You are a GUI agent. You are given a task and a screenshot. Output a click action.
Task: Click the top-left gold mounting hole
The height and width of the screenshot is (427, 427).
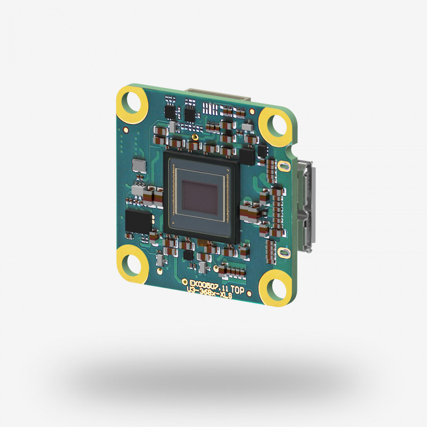click(131, 99)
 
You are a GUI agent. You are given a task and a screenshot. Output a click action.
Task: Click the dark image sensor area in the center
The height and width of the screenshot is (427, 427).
click(200, 195)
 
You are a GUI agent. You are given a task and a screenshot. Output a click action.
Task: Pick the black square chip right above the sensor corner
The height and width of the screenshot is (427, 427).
click(247, 156)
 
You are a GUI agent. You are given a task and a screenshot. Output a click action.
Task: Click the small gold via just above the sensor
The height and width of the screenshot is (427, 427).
click(196, 137)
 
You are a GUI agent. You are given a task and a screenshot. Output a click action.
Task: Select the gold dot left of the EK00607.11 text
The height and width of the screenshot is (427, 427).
click(185, 281)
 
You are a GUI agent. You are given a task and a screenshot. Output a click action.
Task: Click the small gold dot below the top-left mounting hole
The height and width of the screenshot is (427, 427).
click(124, 129)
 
